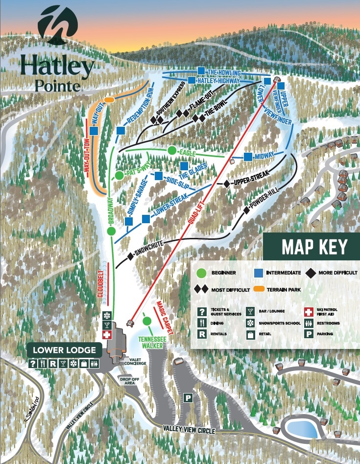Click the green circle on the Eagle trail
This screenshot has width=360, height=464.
tap(171, 150)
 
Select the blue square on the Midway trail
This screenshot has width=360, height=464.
tap(248, 157)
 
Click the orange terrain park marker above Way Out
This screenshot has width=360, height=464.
tap(109, 100)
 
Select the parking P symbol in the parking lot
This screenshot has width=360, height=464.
tap(188, 398)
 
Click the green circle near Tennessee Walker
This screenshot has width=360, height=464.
tap(146, 321)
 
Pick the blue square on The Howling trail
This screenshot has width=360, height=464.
tap(201, 70)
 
